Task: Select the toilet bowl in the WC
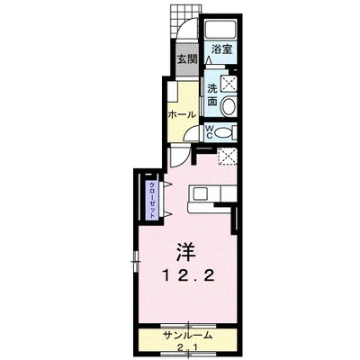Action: point(226,132)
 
